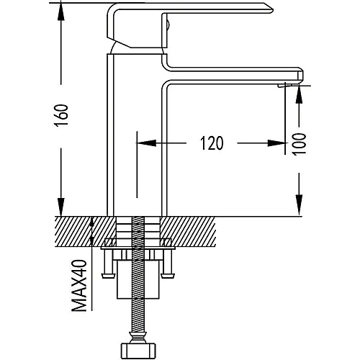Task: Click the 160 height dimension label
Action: [x=61, y=115]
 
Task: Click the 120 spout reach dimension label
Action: [x=212, y=143]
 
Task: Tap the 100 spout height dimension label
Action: [x=300, y=144]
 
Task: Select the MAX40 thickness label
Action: [x=80, y=286]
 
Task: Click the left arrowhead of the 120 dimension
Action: [x=146, y=143]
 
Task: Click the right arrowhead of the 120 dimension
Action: [x=276, y=143]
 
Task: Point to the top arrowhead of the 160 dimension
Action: [x=61, y=12]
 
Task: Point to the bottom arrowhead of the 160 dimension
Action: [x=61, y=207]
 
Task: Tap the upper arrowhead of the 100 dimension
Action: [x=299, y=94]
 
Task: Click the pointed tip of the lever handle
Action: [x=273, y=9]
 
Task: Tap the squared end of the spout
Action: [x=300, y=76]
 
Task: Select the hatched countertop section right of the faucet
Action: [x=188, y=232]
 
